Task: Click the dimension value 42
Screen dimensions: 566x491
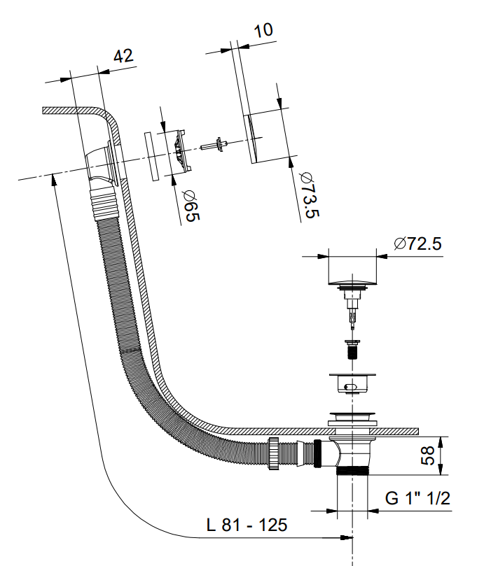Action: click(123, 57)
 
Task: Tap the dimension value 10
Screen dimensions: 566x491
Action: click(263, 30)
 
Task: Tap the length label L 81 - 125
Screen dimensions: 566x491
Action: click(247, 524)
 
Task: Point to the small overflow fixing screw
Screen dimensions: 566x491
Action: click(215, 145)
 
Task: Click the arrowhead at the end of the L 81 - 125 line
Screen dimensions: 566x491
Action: click(345, 537)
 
